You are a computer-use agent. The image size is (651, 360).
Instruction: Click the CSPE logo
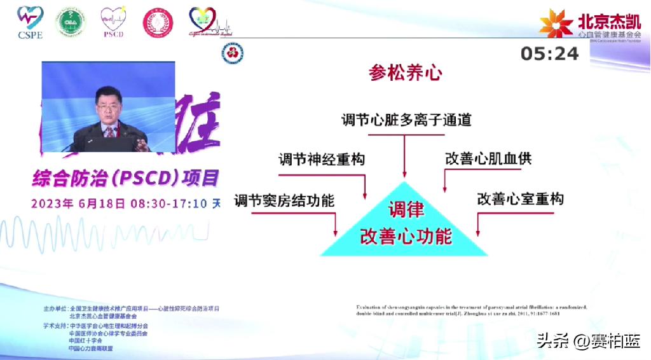click(x=30, y=22)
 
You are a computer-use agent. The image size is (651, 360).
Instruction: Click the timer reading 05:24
click(x=549, y=54)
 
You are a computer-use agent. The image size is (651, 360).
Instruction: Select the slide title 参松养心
click(x=406, y=73)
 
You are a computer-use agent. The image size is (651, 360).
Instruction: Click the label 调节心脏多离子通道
click(x=406, y=120)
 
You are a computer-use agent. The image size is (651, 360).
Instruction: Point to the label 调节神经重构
click(x=322, y=159)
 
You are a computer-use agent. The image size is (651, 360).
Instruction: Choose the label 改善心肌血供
click(x=488, y=159)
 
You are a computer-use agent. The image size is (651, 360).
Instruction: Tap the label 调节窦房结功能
click(x=284, y=200)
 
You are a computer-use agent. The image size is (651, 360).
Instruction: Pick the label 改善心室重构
click(x=520, y=199)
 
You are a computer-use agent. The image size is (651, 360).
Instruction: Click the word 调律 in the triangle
click(x=406, y=210)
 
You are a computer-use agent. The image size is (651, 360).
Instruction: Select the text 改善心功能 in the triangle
click(x=406, y=236)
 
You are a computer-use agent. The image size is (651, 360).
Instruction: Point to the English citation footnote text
click(x=471, y=310)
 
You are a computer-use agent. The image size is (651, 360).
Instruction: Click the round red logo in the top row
click(x=157, y=23)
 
